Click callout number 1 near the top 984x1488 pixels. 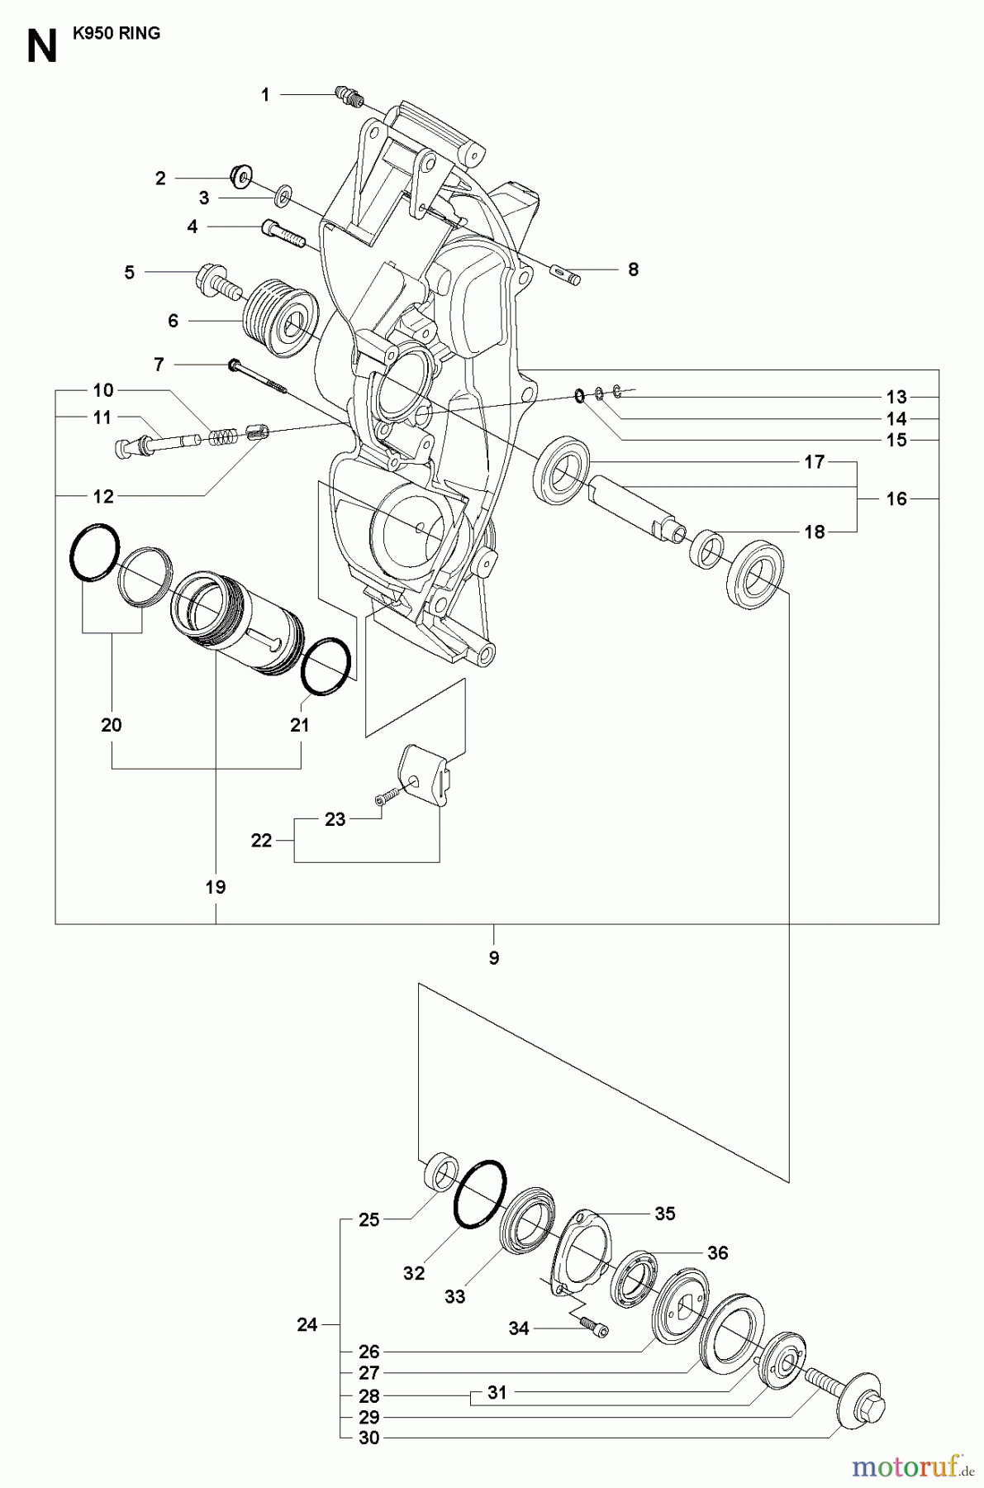[265, 95]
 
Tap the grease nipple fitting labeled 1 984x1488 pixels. [350, 98]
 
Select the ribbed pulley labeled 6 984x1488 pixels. [278, 319]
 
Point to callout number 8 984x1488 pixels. [633, 269]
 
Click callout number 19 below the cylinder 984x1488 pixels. [216, 887]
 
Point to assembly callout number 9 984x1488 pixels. [494, 958]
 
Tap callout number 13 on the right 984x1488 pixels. [896, 396]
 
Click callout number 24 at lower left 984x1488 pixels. [307, 1324]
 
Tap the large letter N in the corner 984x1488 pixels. [41, 47]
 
